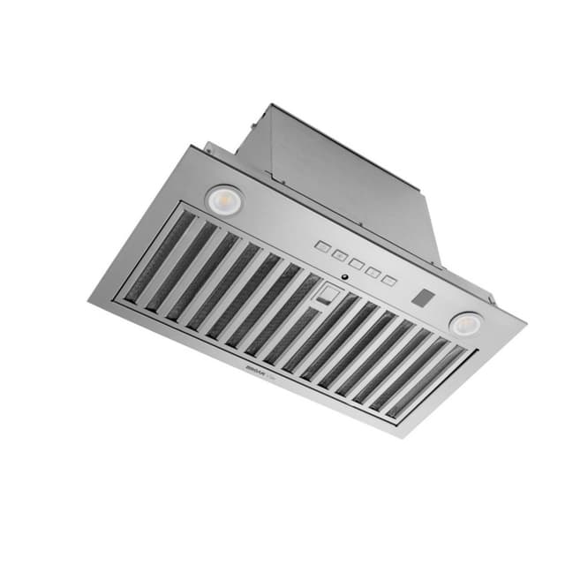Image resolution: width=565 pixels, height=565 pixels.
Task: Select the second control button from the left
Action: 338,254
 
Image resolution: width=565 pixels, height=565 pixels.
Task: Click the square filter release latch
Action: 328,293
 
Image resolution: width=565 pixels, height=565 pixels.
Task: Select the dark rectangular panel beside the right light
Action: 421,298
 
